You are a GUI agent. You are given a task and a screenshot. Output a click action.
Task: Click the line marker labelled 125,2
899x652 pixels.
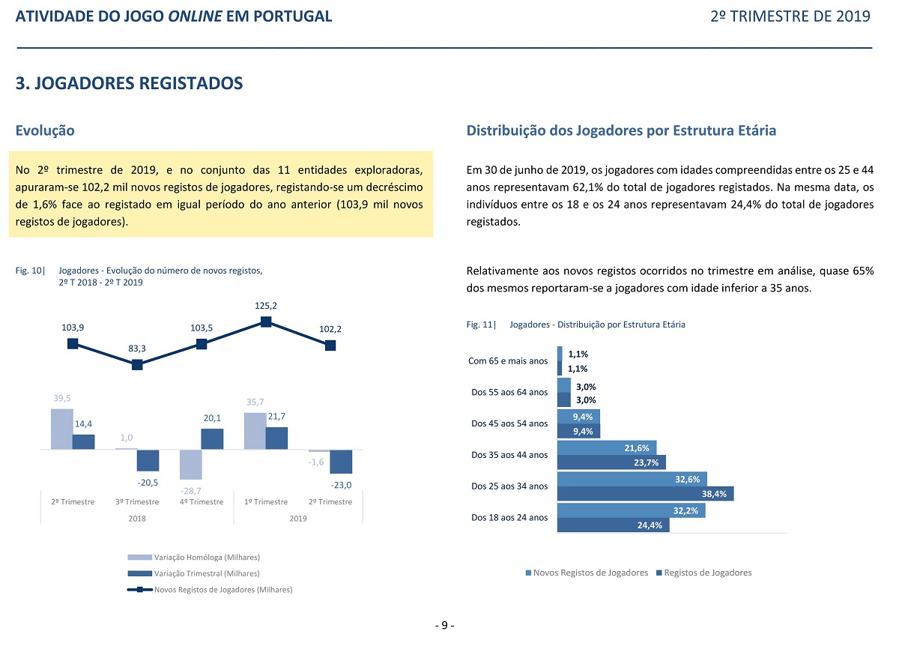(266, 322)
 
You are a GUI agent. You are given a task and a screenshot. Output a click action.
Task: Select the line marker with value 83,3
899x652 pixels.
(137, 365)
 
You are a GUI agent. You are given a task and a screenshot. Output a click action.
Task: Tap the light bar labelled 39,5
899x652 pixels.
(61, 429)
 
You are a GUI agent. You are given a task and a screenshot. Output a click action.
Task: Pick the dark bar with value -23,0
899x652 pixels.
(341, 462)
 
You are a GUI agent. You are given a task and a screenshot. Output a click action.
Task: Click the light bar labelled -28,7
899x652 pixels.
(190, 465)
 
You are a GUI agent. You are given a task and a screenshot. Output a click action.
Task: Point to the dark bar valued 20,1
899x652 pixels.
(212, 439)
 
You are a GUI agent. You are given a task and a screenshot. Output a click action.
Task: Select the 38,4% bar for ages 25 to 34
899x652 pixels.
(645, 494)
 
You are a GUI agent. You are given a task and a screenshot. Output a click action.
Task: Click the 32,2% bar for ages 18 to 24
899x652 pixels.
(632, 510)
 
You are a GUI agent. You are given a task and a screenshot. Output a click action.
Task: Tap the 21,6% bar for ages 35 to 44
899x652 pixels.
(607, 448)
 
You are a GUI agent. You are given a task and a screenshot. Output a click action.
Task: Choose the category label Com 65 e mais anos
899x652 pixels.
(508, 361)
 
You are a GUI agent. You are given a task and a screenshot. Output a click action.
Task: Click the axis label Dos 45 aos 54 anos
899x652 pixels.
(509, 423)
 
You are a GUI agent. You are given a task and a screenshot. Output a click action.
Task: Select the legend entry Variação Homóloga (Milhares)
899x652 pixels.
(194, 558)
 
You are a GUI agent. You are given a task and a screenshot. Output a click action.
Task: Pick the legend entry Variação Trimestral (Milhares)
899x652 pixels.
(194, 573)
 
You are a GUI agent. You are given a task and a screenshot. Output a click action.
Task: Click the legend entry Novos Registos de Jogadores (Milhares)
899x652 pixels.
(210, 590)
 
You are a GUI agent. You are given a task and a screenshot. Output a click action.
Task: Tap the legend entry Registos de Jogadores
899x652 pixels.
(704, 573)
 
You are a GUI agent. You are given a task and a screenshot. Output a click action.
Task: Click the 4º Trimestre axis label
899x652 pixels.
(202, 502)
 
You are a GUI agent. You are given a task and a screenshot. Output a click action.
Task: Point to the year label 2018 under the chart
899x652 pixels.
(137, 519)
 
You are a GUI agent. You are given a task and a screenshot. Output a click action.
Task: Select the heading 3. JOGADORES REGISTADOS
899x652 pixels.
(129, 83)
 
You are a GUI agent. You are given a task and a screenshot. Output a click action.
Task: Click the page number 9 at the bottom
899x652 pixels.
(445, 625)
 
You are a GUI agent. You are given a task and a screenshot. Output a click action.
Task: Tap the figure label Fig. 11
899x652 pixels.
(481, 325)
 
